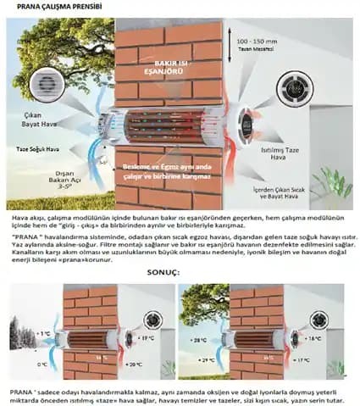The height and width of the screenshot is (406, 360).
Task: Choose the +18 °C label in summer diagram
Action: [x=315, y=338]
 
